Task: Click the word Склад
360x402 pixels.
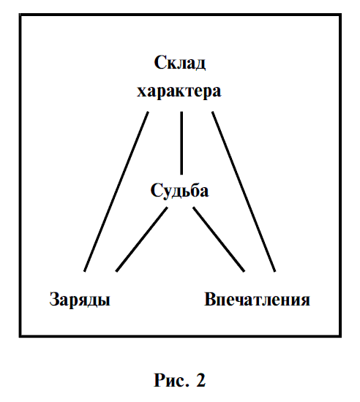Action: click(x=180, y=63)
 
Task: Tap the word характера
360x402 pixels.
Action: click(x=179, y=91)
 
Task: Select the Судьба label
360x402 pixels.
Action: click(x=179, y=190)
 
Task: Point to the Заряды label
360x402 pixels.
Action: click(x=80, y=299)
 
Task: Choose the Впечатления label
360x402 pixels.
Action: click(x=257, y=299)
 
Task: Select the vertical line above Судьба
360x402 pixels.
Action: click(x=181, y=143)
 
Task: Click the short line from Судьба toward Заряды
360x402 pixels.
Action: click(x=142, y=239)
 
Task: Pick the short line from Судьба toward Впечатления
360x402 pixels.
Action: click(x=219, y=239)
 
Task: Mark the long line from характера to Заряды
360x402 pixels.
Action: click(x=116, y=191)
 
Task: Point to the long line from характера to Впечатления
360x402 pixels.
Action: click(x=244, y=191)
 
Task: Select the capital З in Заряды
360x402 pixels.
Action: click(x=55, y=299)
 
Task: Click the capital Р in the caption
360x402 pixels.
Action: click(x=160, y=380)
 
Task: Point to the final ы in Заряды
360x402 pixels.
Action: click(x=103, y=301)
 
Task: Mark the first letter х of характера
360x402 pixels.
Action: click(x=142, y=93)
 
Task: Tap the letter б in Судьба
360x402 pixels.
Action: click(x=193, y=190)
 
